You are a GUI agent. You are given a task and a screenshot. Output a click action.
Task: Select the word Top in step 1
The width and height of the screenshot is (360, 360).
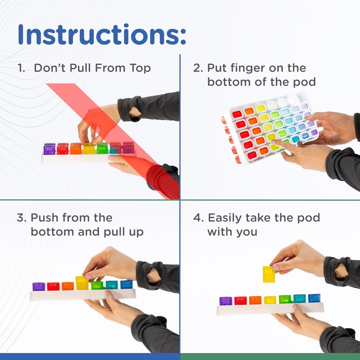click(140, 68)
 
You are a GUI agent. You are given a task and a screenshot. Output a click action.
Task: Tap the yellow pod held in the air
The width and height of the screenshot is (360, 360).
click(269, 274)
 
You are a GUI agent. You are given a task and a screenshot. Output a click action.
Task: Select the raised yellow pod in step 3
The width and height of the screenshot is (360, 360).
click(82, 283)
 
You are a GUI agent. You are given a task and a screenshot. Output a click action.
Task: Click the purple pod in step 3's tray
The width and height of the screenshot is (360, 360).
click(39, 287)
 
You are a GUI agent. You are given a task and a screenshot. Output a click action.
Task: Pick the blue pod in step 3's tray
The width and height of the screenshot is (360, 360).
click(126, 284)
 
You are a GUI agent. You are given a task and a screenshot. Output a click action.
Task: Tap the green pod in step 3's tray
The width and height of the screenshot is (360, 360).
click(97, 285)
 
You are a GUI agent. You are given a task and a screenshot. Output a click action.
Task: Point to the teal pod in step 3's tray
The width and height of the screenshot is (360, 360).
click(112, 285)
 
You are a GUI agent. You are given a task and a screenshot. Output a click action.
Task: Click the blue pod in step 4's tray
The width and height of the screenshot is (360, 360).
click(314, 298)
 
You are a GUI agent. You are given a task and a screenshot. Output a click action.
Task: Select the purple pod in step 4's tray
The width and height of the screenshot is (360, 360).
click(226, 301)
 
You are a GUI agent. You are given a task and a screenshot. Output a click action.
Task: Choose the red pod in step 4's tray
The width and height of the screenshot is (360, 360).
click(240, 301)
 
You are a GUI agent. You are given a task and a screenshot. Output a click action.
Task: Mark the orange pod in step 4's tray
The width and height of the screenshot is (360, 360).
click(255, 300)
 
